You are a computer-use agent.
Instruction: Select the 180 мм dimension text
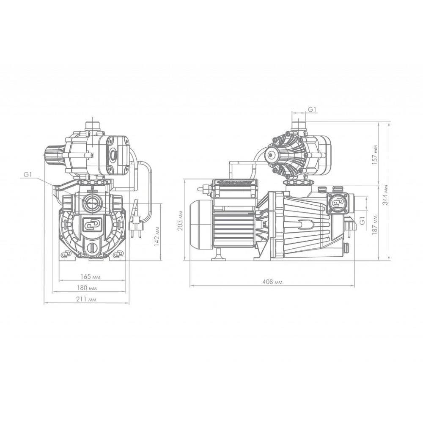pyautogui.click(x=87, y=288)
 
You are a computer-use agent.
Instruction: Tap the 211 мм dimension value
pyautogui.click(x=86, y=299)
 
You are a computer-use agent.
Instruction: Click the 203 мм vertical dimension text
pyautogui.click(x=181, y=221)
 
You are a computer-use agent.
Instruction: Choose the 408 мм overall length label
pyautogui.click(x=272, y=282)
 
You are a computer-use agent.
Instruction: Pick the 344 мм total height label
pyautogui.click(x=386, y=195)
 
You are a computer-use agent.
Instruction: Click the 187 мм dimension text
pyautogui.click(x=375, y=225)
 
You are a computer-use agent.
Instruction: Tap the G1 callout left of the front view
pyautogui.click(x=28, y=175)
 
